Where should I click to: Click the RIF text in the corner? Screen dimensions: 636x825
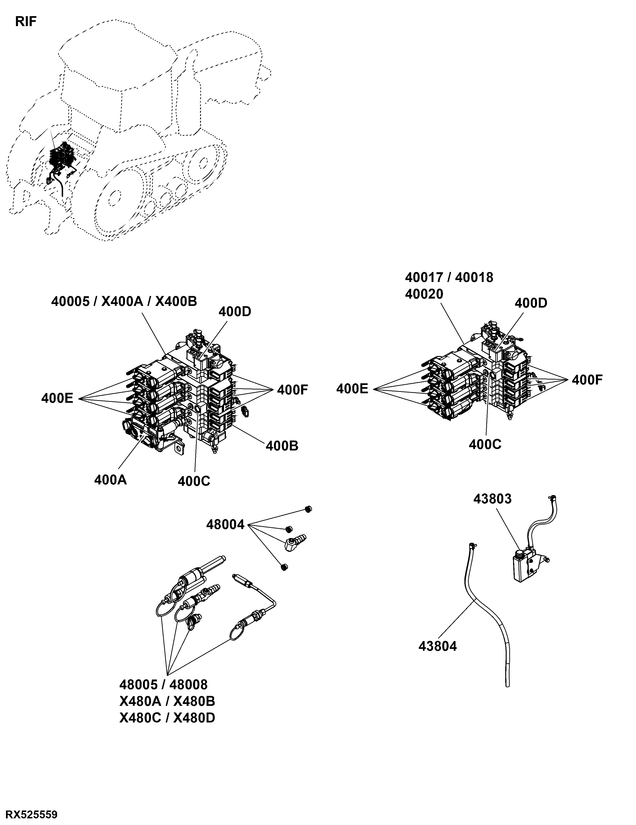coord(26,22)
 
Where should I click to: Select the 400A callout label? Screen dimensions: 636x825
coord(110,480)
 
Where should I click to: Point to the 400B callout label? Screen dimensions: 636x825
coord(282,446)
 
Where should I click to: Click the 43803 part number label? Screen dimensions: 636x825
coord(492,499)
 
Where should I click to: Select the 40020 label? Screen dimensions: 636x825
coord(424,294)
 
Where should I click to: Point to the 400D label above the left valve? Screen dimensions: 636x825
coord(235,312)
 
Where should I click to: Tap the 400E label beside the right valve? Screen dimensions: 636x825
coord(352,389)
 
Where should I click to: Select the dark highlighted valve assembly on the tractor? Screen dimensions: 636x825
coord(61,157)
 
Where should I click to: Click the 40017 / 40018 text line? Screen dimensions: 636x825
coord(449,277)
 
